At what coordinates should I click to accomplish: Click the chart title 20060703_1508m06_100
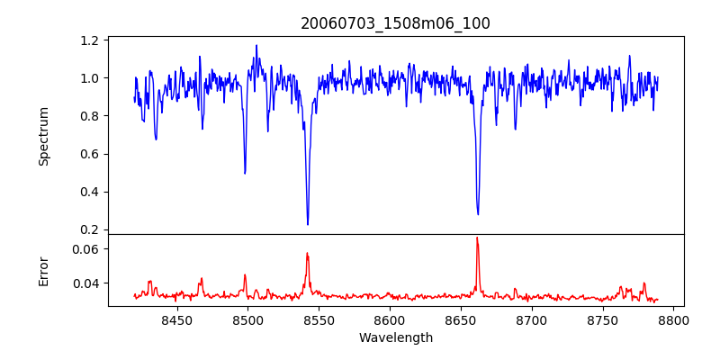tap(395, 23)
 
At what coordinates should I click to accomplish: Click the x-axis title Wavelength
tap(395, 337)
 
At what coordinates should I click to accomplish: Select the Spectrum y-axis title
tap(43, 136)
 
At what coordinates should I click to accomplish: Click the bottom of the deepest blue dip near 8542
tap(308, 224)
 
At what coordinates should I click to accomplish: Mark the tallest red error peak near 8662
tap(477, 238)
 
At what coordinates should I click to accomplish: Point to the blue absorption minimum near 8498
tap(245, 173)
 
